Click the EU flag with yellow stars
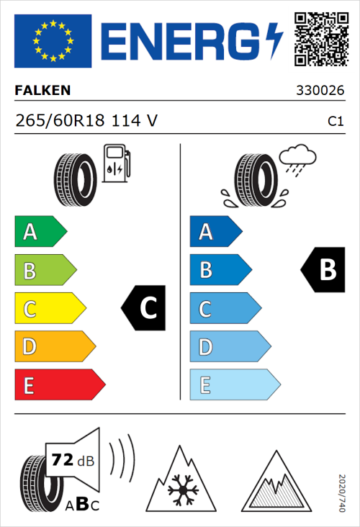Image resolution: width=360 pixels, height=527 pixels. [x=53, y=41]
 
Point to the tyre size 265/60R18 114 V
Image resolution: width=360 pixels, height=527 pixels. [x=86, y=121]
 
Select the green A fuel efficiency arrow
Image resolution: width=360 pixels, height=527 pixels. [x=40, y=232]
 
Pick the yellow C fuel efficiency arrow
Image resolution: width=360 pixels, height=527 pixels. [x=49, y=309]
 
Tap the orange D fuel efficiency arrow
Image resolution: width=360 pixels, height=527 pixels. [x=54, y=347]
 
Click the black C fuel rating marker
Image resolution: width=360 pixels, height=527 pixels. [x=144, y=309]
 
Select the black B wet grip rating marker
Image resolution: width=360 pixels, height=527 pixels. [x=323, y=270]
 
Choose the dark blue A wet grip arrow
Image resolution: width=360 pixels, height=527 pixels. [x=215, y=232]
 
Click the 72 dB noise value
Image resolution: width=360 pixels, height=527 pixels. [x=72, y=460]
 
